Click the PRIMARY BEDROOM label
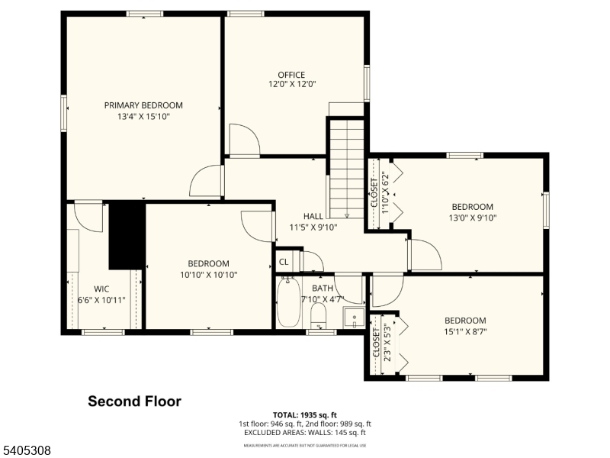(x=143, y=105)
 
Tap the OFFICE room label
(x=291, y=74)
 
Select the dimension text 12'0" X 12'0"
(x=291, y=85)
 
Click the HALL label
(x=313, y=216)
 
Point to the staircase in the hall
(x=346, y=168)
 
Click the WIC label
(x=101, y=289)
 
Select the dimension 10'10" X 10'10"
(x=209, y=275)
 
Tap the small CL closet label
(x=284, y=262)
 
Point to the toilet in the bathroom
(x=319, y=314)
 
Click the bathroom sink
(x=352, y=317)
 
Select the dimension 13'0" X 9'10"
(x=472, y=218)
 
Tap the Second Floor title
(x=134, y=401)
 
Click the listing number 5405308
(x=27, y=451)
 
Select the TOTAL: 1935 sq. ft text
(x=305, y=415)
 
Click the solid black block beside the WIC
(x=127, y=235)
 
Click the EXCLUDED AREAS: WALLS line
(x=305, y=433)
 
